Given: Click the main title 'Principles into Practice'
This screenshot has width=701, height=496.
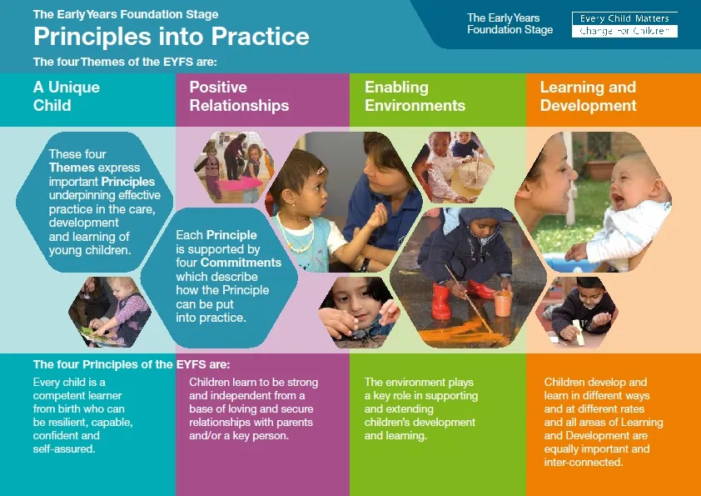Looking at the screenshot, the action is tap(172, 36).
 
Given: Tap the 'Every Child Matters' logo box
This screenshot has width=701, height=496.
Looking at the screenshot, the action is tap(624, 25).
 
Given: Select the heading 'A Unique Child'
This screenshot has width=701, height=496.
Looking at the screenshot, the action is tap(66, 96).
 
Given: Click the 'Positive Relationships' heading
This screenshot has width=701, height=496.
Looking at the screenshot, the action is tap(239, 96).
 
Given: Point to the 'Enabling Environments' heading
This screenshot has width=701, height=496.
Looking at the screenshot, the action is tap(415, 96).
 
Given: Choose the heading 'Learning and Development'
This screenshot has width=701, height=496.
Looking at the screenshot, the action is tap(588, 96).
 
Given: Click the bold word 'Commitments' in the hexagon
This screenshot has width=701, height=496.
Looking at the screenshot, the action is tap(241, 263).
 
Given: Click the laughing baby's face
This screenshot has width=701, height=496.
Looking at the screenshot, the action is tap(630, 181).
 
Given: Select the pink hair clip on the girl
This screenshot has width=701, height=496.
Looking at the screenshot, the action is tap(321, 171).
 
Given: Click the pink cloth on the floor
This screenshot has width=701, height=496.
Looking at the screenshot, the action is tap(240, 183).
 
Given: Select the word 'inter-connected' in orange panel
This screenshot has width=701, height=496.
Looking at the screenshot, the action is tap(584, 462).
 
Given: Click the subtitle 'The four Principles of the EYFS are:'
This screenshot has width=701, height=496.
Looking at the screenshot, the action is tap(132, 364).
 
